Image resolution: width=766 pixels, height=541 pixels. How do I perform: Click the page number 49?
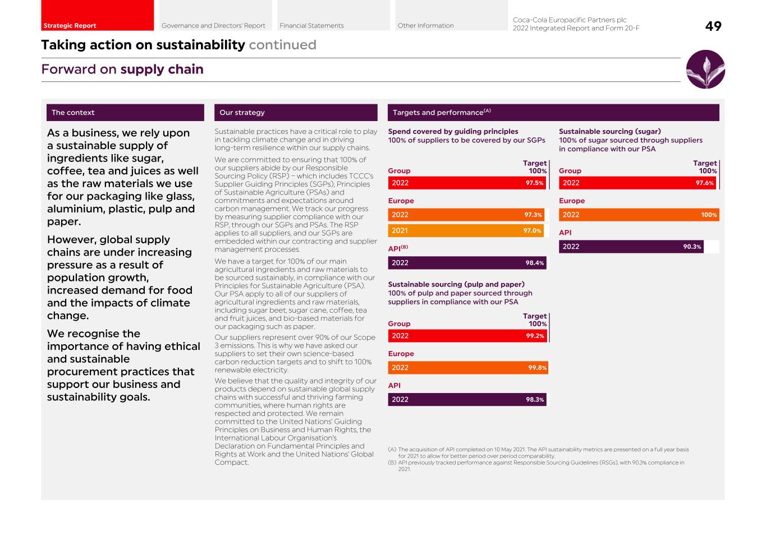point(713,26)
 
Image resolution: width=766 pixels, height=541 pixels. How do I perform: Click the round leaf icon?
point(705,70)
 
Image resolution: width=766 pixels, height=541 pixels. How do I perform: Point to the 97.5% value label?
point(534,183)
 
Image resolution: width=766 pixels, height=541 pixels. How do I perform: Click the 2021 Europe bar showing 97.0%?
point(466,230)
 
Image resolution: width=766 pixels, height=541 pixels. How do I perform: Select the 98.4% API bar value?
point(534,263)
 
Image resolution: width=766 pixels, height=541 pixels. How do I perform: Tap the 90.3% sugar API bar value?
point(692,247)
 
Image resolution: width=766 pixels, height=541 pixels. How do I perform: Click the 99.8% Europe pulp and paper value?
point(537,368)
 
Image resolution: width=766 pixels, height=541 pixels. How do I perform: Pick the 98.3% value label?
point(534,400)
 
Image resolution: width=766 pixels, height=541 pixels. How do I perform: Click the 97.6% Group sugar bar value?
point(704,183)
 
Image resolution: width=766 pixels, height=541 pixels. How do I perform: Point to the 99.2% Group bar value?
point(535,336)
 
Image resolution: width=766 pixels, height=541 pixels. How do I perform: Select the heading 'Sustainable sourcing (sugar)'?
point(609,132)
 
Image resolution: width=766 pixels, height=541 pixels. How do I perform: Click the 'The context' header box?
point(125,113)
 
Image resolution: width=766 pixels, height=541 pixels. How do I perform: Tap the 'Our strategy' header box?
point(296,113)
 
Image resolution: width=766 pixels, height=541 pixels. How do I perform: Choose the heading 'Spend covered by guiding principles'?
point(453,132)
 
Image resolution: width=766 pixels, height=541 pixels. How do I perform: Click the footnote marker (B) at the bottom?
point(392,463)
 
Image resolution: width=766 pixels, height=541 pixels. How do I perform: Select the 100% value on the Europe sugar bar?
point(709,215)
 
